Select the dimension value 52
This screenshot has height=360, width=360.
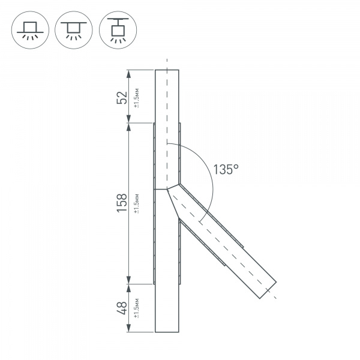point(122,97)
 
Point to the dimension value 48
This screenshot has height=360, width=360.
point(122,308)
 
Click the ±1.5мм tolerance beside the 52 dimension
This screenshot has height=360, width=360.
point(137,97)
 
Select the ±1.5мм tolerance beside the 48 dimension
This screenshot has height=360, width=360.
point(137,308)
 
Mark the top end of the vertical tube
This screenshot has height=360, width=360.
point(167,70)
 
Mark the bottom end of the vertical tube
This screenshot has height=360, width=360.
point(167,332)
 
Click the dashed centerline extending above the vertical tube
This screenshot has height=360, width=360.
point(167,63)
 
